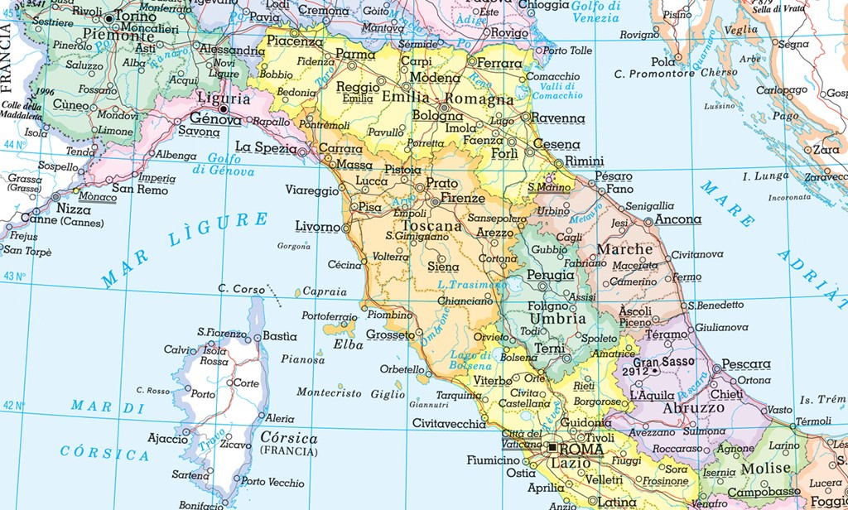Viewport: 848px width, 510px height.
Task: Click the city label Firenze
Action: [463, 199]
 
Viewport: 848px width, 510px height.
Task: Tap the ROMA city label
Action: [582, 449]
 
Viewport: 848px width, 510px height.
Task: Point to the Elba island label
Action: [343, 344]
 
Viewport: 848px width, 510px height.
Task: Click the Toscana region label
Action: [433, 226]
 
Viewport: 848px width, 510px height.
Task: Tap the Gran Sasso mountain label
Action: [663, 362]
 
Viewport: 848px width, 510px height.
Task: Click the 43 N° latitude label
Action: [15, 276]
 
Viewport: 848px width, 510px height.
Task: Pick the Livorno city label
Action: [318, 226]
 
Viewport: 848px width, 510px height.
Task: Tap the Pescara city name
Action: [745, 364]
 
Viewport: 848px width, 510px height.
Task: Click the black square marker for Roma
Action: [553, 448]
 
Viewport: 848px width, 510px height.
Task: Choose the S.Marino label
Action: [550, 188]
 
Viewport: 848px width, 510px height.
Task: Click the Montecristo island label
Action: [329, 393]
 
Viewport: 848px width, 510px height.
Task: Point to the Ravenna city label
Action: [556, 118]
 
